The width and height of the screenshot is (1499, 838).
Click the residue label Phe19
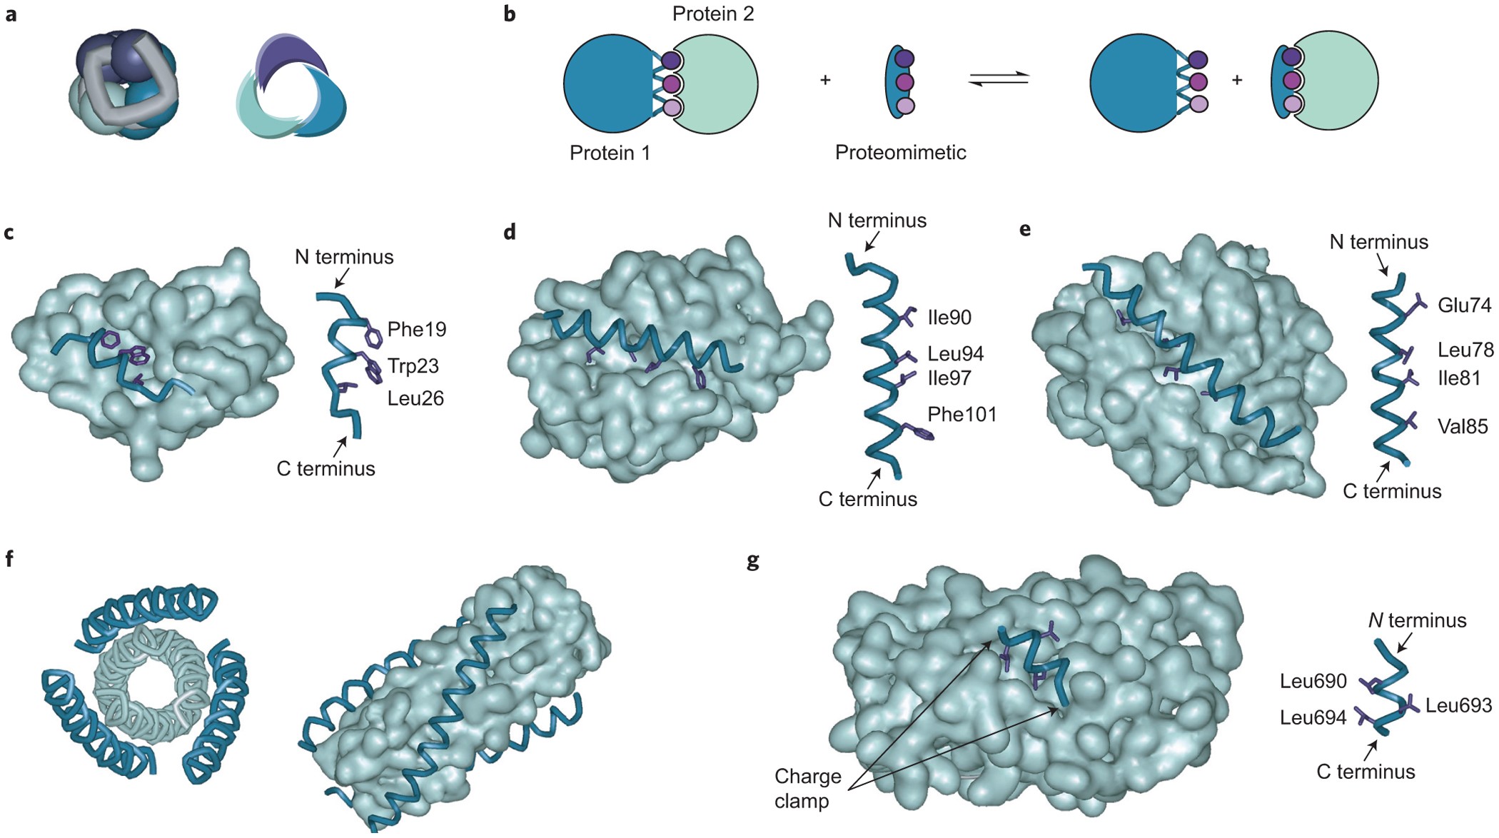pos(416,329)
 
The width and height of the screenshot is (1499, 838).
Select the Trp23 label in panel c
pos(413,366)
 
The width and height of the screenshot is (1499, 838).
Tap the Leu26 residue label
pos(415,398)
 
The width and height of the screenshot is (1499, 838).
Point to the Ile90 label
pos(949,318)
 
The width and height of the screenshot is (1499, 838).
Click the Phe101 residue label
pos(962,415)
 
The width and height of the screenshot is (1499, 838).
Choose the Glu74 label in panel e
pos(1464,306)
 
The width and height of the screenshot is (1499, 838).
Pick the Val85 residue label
pos(1463,427)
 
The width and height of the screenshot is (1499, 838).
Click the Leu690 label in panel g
pos(1313,681)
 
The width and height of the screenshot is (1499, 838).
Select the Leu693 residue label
pos(1458,706)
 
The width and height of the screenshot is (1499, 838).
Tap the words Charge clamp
pos(807,789)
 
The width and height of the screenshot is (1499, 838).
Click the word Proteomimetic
pos(900,153)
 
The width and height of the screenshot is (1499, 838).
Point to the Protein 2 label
pos(712,14)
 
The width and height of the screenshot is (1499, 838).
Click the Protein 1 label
pos(610,153)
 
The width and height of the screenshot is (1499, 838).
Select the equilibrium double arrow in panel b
pos(998,80)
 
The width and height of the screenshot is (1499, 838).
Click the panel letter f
pos(9,559)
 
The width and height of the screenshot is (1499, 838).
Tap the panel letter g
pos(752,561)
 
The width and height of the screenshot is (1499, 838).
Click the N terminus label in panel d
pos(877,221)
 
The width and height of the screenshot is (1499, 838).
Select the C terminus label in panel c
pos(325,469)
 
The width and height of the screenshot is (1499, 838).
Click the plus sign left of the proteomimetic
pos(825,80)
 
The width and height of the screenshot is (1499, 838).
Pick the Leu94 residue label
pos(955,353)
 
